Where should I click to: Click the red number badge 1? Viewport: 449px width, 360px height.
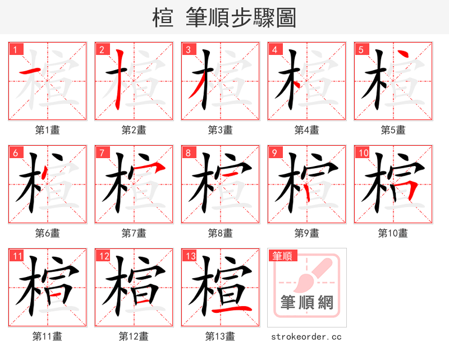pos(15,49)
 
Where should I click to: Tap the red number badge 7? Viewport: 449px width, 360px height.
pos(102,153)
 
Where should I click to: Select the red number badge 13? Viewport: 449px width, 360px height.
pos(189,256)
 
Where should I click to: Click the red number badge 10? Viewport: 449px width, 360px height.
pos(362,153)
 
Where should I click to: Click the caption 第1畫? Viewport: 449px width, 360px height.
pos(48,130)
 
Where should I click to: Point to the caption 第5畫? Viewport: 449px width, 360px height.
pos(393,130)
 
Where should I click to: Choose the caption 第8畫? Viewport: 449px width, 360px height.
pos(220,233)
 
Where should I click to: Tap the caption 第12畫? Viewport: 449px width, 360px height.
pos(134,336)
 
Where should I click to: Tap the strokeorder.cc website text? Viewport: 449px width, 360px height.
pos(306,337)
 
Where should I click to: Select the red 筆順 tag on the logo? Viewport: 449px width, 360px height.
pos(282,256)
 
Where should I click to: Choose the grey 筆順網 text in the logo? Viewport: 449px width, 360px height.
pos(307,303)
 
